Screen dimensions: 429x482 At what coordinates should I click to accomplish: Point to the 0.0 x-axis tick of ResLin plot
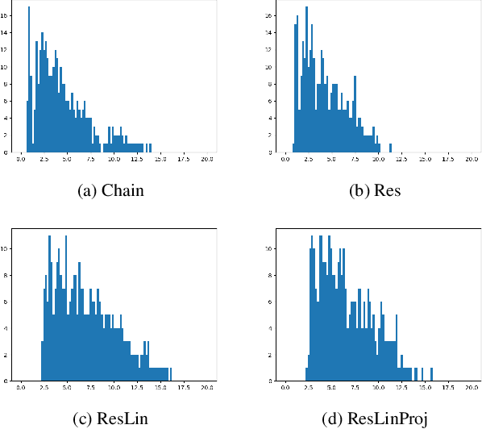(21, 389)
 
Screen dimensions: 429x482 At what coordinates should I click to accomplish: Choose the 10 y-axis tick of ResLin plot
(6, 248)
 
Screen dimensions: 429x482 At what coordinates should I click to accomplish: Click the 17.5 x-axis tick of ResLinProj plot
(448, 389)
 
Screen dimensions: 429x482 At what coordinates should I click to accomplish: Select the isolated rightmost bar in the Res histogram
(390, 148)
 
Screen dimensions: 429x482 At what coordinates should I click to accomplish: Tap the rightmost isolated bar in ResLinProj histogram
(431, 374)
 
